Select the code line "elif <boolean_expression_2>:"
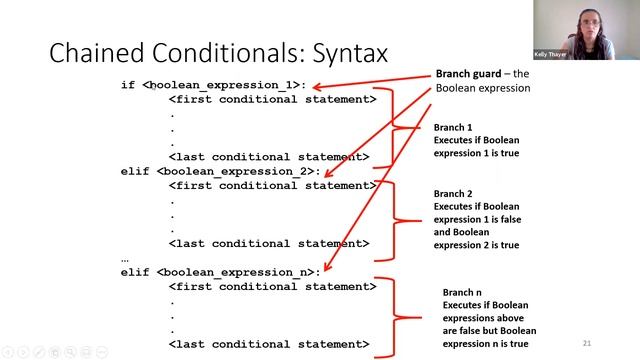221,172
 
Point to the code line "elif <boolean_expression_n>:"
221,272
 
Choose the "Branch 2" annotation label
453,193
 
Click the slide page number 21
586,341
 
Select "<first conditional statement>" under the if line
273,100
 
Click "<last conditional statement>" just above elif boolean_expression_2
269,157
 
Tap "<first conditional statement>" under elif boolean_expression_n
273,286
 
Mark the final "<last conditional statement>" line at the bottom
269,344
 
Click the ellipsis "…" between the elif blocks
125,258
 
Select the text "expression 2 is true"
476,245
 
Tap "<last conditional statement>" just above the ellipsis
269,243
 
